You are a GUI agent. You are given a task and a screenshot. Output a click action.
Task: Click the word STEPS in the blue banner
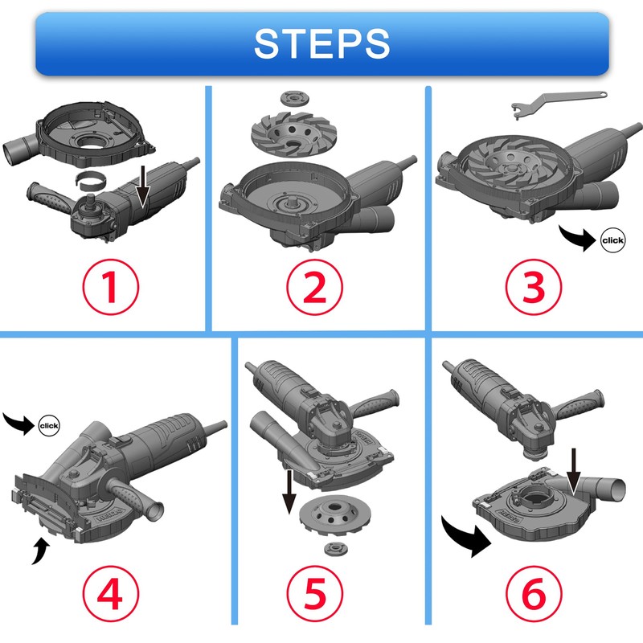[x=322, y=43]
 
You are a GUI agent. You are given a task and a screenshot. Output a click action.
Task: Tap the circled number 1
[x=111, y=287]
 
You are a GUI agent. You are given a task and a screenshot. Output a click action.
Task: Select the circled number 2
[x=314, y=287]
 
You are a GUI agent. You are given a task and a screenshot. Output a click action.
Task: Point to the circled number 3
[x=534, y=287]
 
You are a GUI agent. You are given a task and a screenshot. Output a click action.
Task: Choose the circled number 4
[x=111, y=593]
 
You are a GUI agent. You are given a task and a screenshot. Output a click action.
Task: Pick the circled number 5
[x=314, y=593]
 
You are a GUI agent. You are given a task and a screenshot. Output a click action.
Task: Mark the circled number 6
[x=534, y=593]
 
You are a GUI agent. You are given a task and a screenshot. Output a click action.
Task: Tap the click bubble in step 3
[x=613, y=240]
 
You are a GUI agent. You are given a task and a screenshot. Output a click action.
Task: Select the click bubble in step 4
[x=49, y=426]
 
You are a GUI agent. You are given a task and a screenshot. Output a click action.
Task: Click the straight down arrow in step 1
[x=143, y=186]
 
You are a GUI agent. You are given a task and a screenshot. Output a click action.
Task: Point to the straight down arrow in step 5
[x=289, y=491]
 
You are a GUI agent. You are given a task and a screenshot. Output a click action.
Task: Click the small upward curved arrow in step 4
[x=40, y=550]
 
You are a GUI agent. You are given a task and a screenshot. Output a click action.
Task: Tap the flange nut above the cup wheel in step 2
[x=295, y=99]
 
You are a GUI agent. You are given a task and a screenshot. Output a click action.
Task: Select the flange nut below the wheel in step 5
[x=336, y=549]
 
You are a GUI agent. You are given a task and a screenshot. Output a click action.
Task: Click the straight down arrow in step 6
[x=574, y=472]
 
